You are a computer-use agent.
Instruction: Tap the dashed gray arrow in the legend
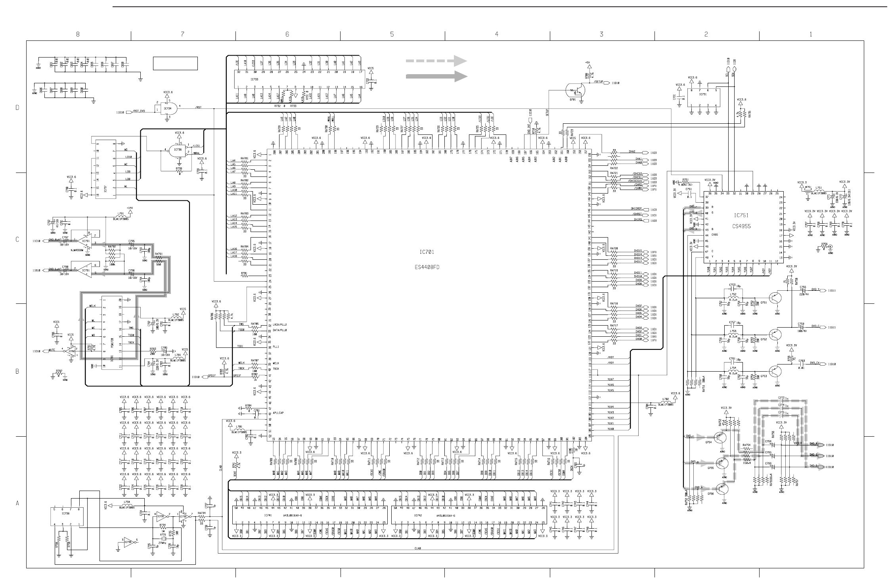click(436, 61)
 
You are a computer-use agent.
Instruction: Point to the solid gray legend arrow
click(436, 76)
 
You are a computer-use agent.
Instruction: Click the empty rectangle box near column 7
click(175, 63)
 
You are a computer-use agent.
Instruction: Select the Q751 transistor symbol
click(775, 297)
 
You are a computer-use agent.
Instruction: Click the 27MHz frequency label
click(163, 543)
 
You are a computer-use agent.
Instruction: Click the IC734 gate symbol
click(171, 108)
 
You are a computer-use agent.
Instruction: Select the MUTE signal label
click(52, 350)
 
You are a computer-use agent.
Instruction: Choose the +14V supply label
click(130, 208)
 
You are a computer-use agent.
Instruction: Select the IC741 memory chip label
click(268, 515)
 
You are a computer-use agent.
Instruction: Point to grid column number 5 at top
click(392, 35)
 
